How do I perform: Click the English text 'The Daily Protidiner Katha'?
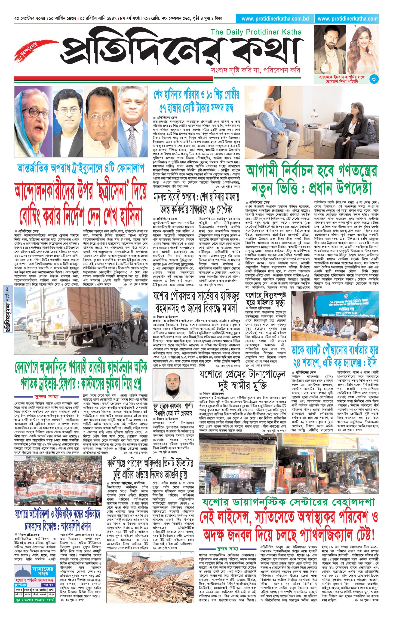pyautogui.click(x=256, y=32)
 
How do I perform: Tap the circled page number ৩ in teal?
pyautogui.click(x=374, y=79)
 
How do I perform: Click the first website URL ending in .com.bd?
pyautogui.click(x=275, y=19)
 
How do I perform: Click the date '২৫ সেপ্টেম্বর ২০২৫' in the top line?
pyautogui.click(x=30, y=19)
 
